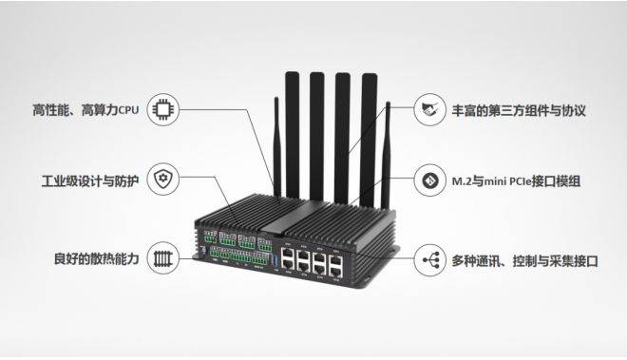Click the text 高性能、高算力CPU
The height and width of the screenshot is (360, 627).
85,110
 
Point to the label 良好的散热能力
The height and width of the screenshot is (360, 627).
97,257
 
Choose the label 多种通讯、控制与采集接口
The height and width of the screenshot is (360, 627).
523,257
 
